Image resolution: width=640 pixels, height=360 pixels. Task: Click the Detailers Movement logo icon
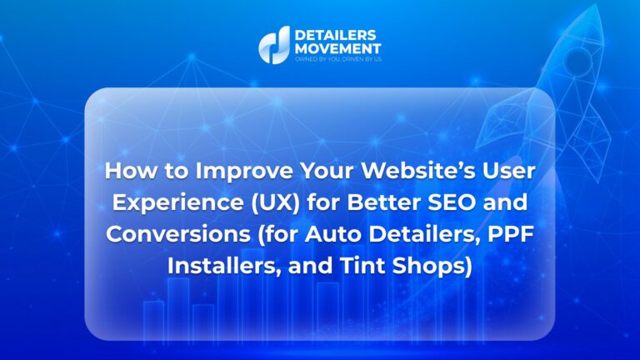pos(274,45)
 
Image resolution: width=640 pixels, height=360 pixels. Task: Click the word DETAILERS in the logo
pos(335,35)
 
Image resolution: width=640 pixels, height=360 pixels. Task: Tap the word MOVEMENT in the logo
pos(338,48)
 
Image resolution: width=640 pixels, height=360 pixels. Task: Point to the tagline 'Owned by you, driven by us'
pos(338,59)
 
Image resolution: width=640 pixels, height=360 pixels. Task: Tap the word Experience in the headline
pos(177,202)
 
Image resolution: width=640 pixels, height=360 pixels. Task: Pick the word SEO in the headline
pos(449,202)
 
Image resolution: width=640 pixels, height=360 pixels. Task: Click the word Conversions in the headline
pos(178,234)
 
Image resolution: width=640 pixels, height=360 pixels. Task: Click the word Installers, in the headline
pos(224,266)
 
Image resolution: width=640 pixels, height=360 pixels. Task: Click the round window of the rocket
pos(577,61)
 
